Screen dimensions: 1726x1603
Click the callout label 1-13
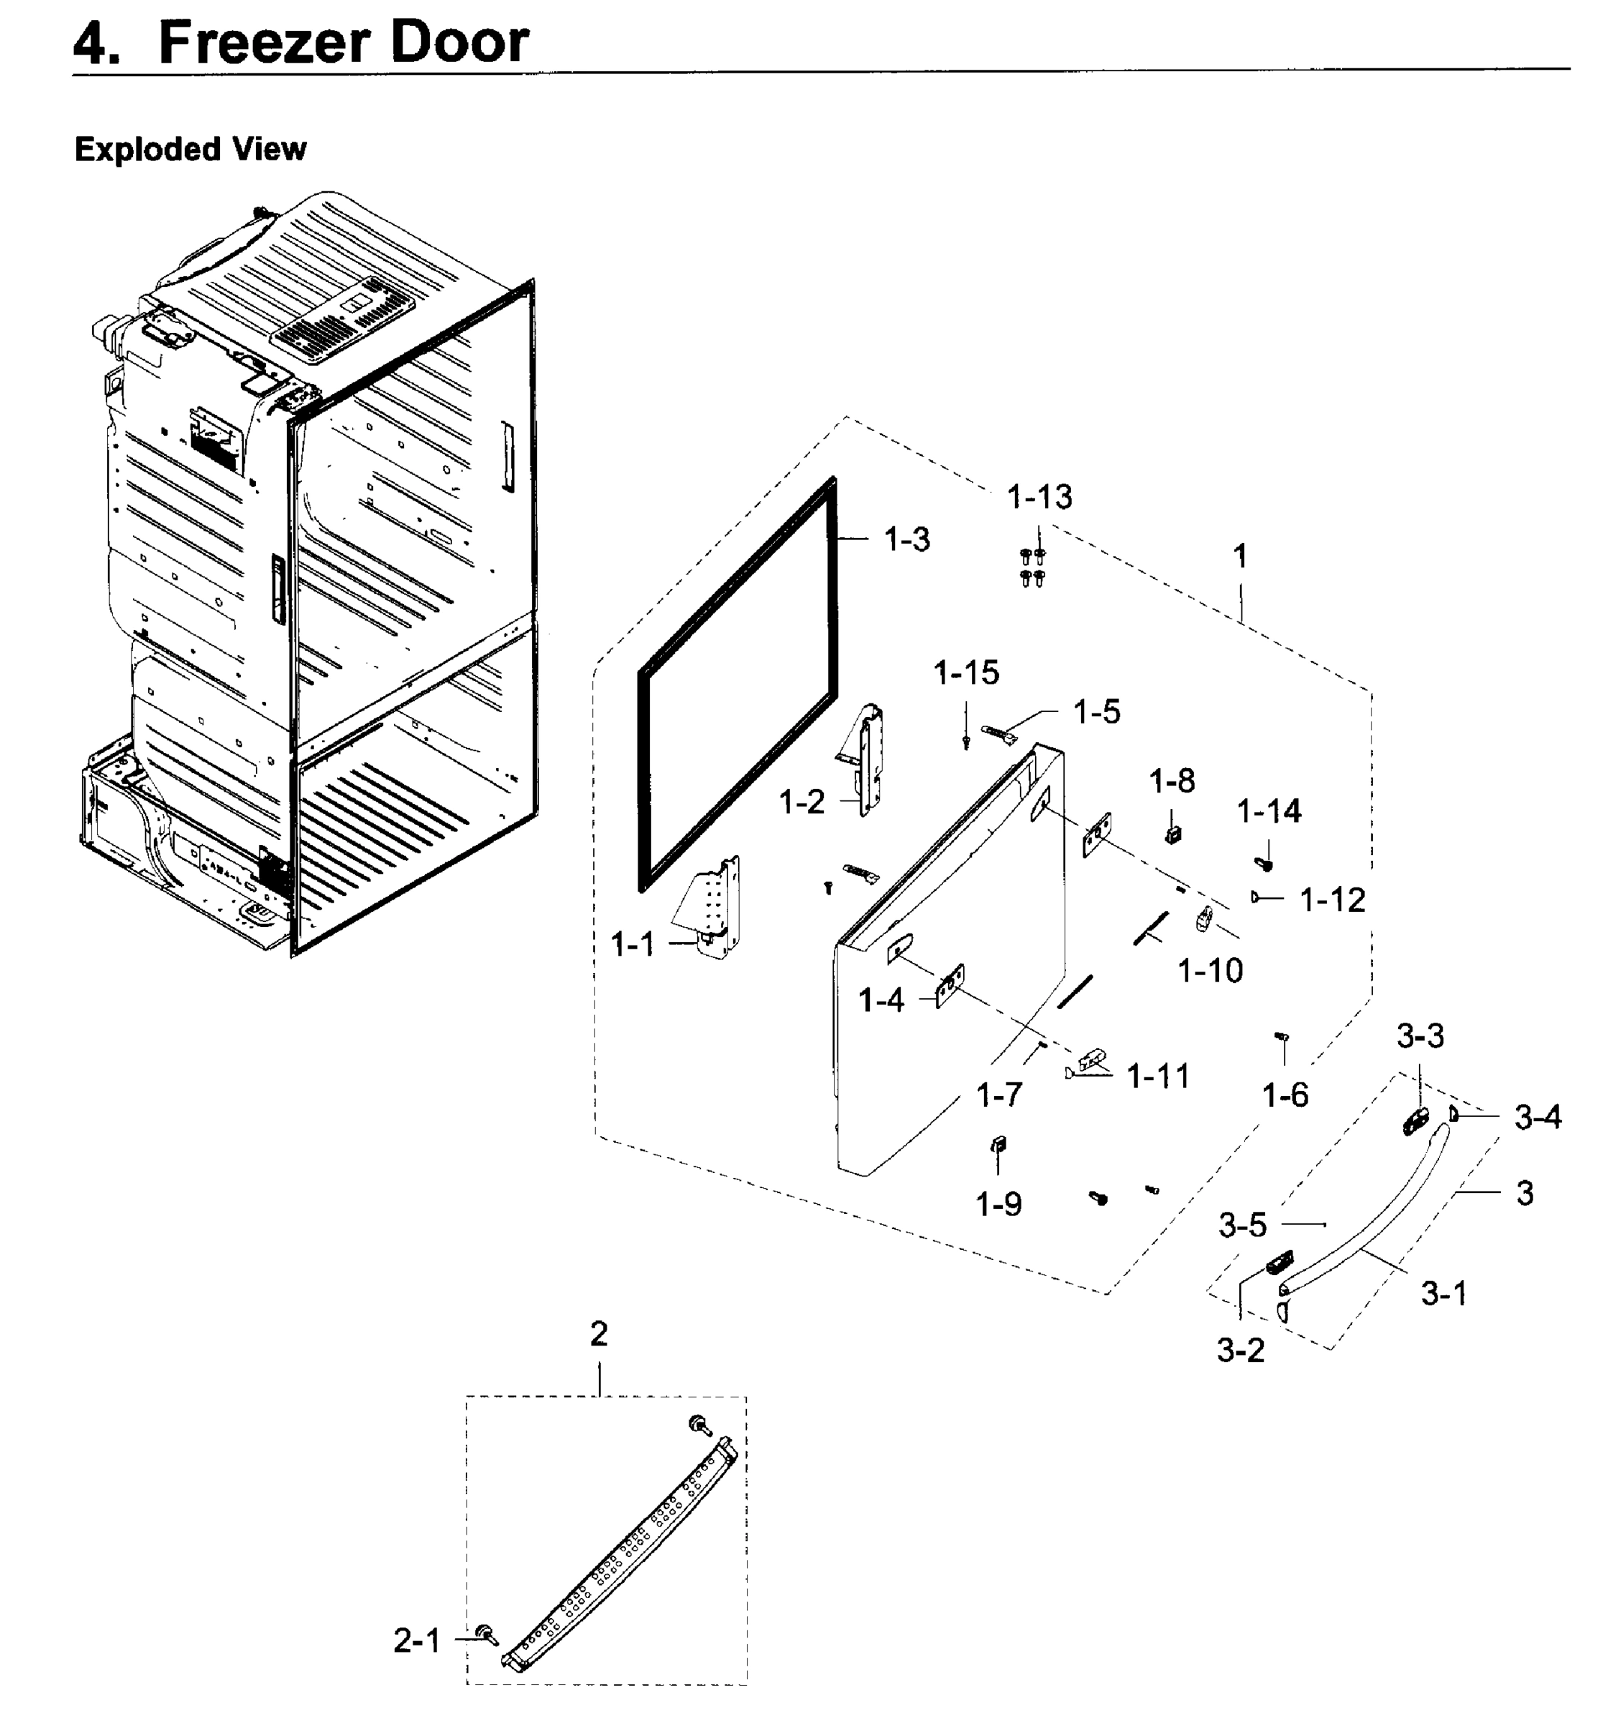(1039, 497)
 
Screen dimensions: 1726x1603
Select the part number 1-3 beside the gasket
(906, 540)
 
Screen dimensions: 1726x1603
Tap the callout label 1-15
(966, 672)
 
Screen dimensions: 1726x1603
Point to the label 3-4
(1538, 1118)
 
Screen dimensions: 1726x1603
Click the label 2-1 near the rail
(416, 1641)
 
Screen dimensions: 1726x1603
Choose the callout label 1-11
(1157, 1077)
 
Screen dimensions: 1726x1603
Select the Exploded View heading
(190, 150)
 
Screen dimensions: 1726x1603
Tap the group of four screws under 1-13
(1032, 566)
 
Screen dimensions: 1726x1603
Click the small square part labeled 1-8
(1172, 835)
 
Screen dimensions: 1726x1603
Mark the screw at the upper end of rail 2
(697, 1424)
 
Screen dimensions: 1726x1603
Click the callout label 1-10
(1210, 970)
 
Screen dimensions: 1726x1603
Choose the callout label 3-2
(1241, 1351)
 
